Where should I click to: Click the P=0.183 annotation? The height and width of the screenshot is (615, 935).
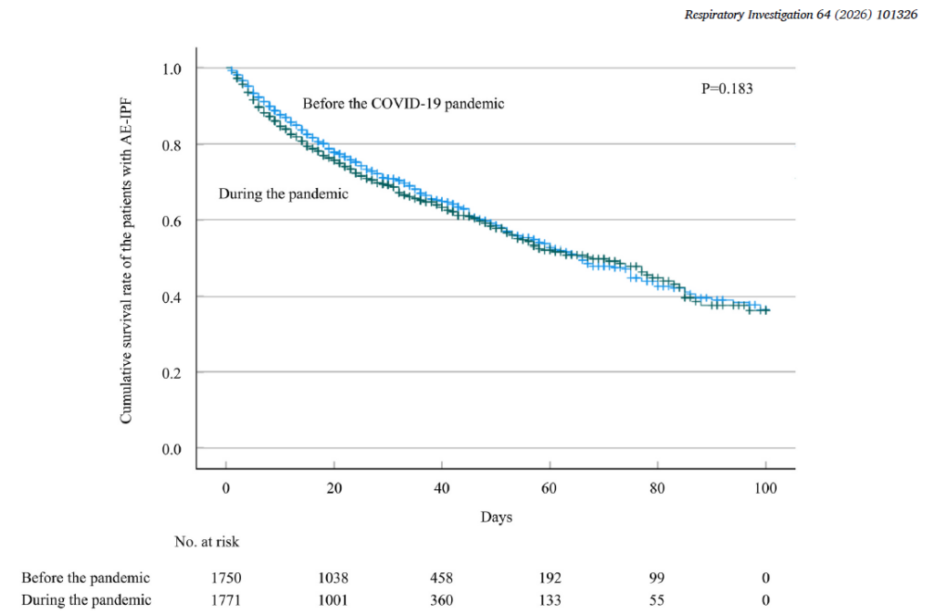tap(727, 89)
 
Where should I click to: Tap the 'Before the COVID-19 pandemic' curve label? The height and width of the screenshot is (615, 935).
tap(404, 103)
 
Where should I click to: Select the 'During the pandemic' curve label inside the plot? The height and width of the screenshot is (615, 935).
tap(283, 193)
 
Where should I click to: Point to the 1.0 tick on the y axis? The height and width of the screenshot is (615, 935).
tap(173, 68)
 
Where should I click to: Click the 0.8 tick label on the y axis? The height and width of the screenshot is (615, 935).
tap(173, 144)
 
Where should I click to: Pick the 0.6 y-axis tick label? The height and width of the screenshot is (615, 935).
tap(173, 221)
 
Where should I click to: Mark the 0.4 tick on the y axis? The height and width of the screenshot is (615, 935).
tap(173, 297)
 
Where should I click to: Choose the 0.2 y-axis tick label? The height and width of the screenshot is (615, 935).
tap(173, 372)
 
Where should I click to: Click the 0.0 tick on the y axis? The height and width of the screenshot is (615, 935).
tap(173, 449)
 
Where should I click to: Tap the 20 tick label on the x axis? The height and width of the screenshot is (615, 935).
tap(333, 488)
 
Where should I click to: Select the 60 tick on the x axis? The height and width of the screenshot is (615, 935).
tap(550, 488)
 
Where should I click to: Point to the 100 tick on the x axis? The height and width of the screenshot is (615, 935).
tap(765, 488)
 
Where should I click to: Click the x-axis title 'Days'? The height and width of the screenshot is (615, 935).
tap(496, 517)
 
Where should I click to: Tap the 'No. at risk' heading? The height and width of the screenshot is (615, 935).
tap(206, 542)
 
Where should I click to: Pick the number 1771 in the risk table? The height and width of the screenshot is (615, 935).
tap(226, 599)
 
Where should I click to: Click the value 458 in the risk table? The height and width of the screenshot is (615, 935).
tap(441, 578)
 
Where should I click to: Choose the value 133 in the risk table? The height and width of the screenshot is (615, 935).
tap(550, 599)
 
